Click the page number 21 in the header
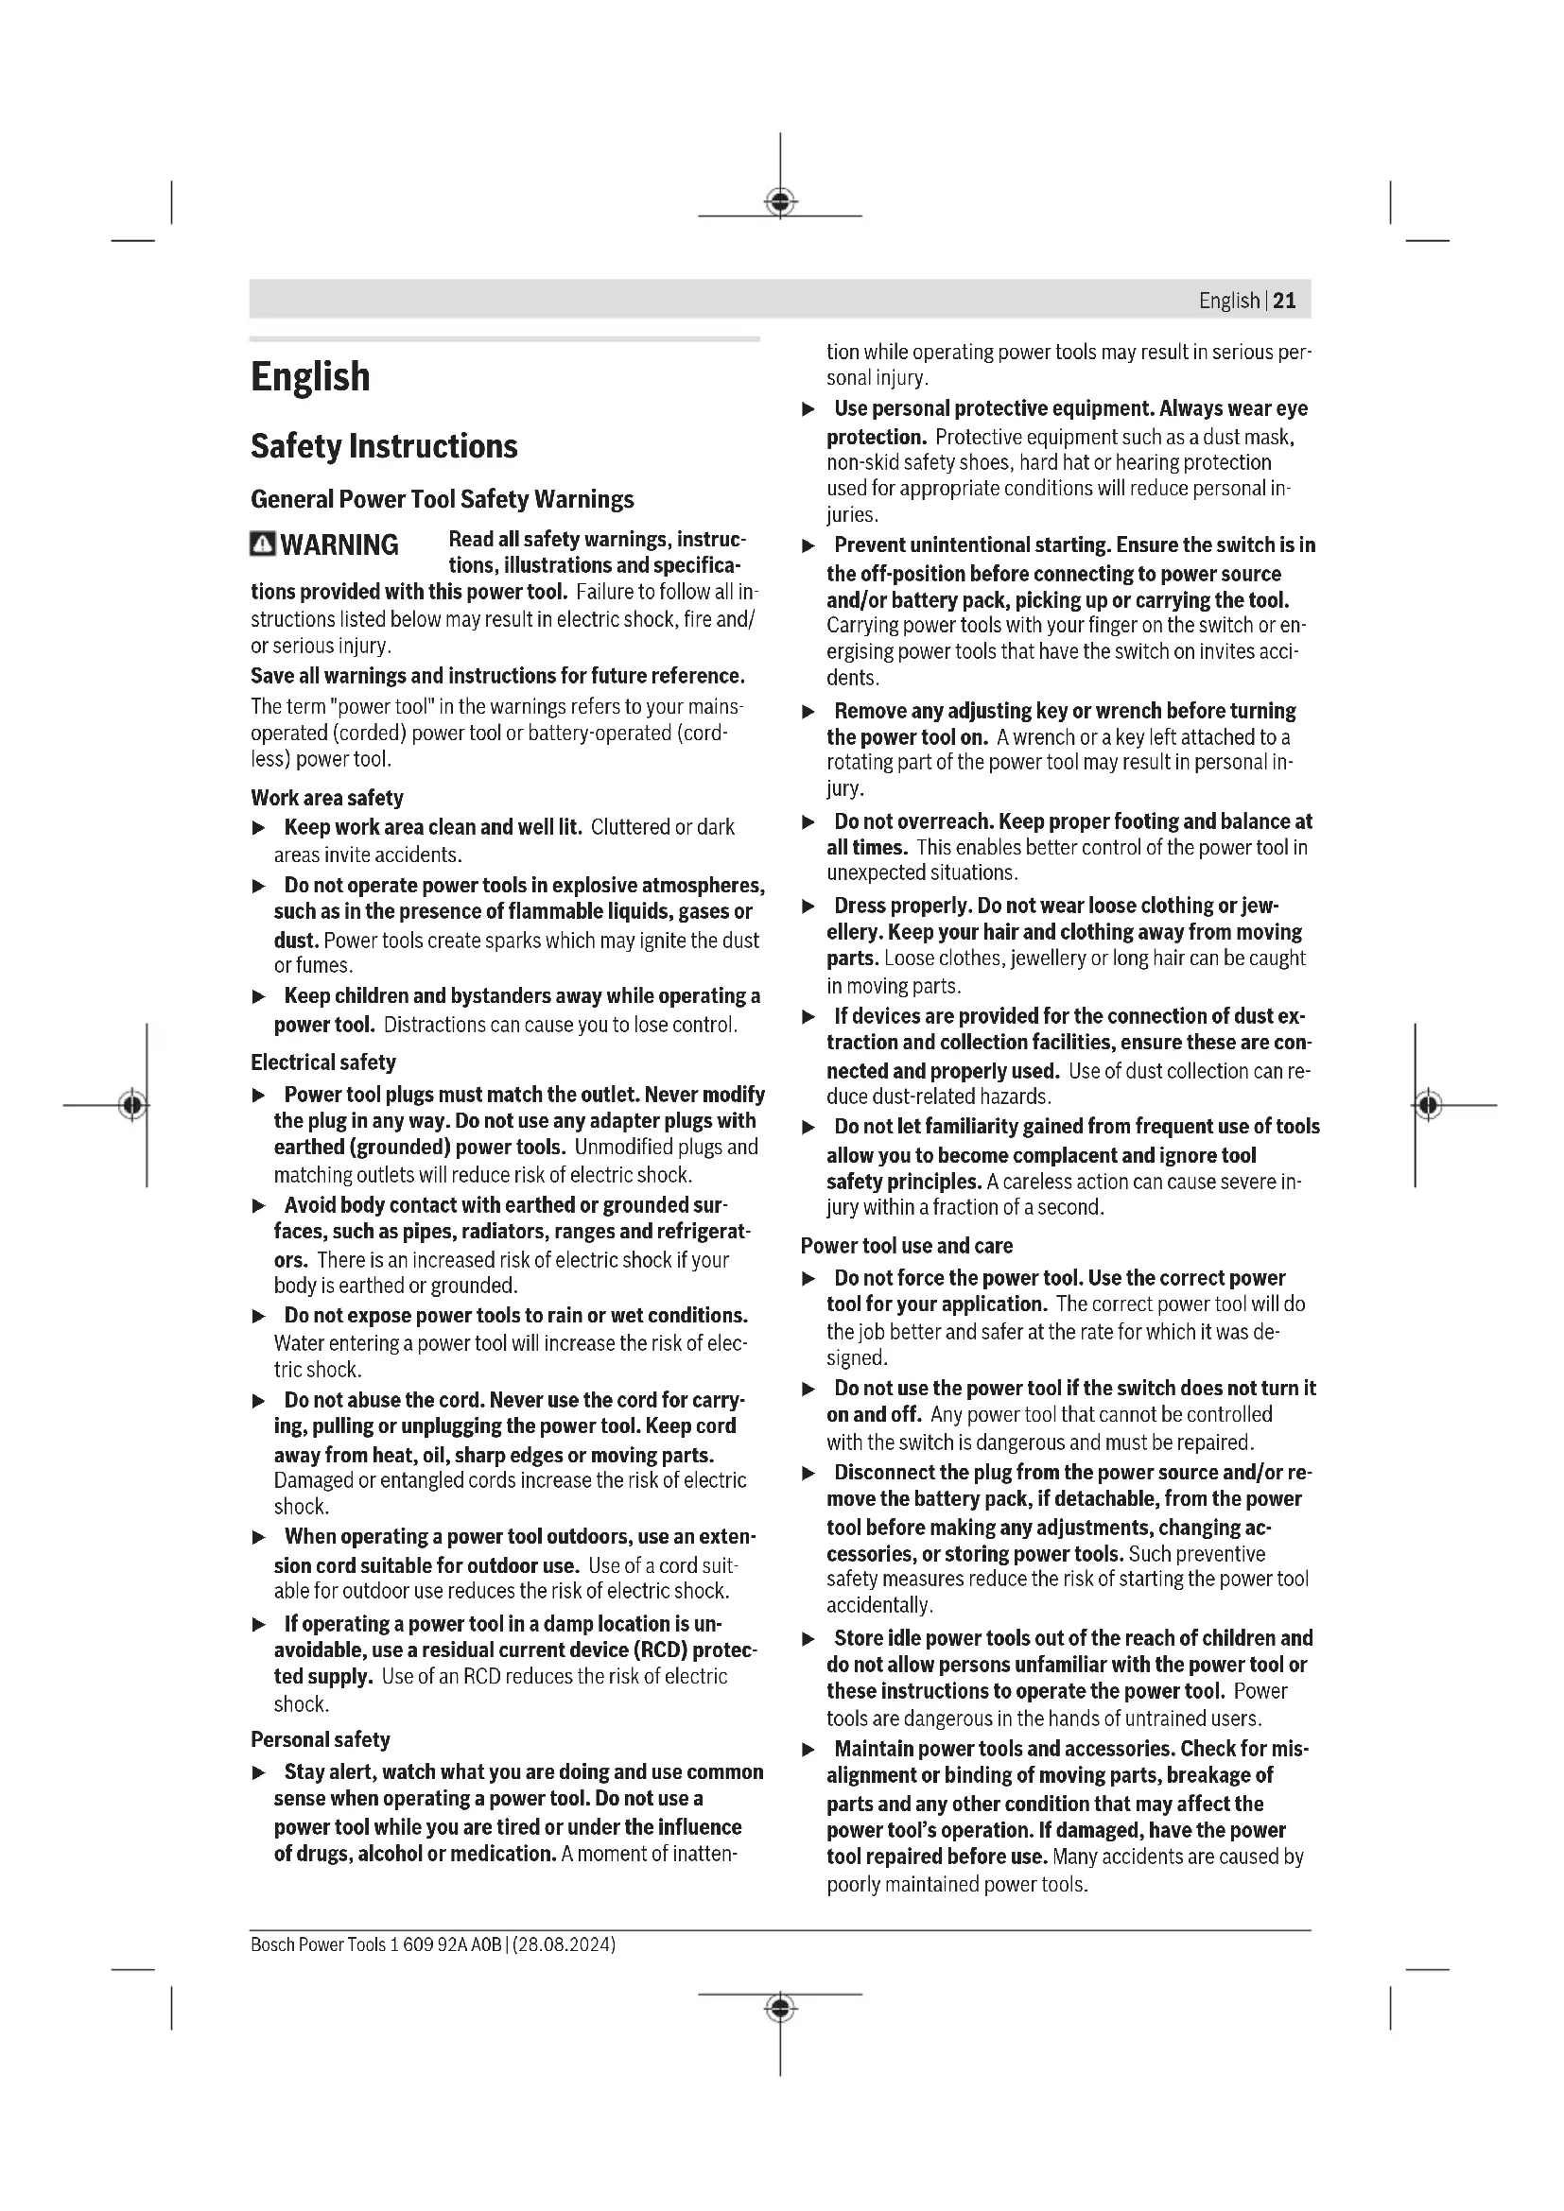[x=1284, y=301]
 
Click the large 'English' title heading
[x=310, y=376]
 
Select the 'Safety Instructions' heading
[x=383, y=446]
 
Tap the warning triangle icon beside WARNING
[x=262, y=545]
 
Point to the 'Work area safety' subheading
[x=326, y=798]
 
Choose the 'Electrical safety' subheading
[x=322, y=1062]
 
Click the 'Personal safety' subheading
[x=320, y=1739]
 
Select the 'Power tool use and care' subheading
[x=906, y=1245]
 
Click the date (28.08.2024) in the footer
[x=565, y=1944]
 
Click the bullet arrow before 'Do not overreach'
[x=809, y=822]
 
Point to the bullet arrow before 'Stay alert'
[x=258, y=1772]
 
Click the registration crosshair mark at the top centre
[x=780, y=202]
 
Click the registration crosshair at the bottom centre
[x=780, y=2009]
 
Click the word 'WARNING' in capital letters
[x=339, y=545]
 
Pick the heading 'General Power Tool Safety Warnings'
[x=442, y=499]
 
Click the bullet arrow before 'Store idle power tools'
[x=809, y=1639]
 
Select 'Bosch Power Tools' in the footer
[x=318, y=1944]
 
